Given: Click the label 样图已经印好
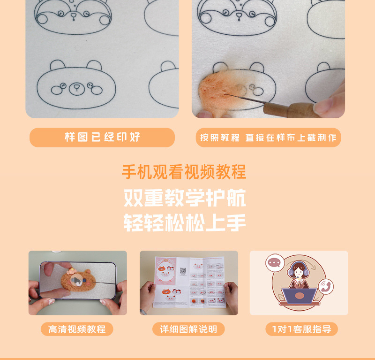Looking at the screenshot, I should coord(102,138).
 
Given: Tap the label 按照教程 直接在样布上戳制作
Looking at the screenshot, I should coord(268,138).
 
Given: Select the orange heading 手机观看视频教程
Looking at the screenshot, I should coord(184,172).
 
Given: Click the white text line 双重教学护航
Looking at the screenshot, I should coord(185,199).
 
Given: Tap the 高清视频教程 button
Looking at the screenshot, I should coord(77,329).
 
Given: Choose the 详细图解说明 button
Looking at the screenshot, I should coord(188,329).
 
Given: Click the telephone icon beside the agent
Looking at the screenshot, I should coord(325,286).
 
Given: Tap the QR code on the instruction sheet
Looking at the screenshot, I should coord(183,271).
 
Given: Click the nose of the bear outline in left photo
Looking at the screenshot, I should coord(75,87).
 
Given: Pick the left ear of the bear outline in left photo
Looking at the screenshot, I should coord(57,66).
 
